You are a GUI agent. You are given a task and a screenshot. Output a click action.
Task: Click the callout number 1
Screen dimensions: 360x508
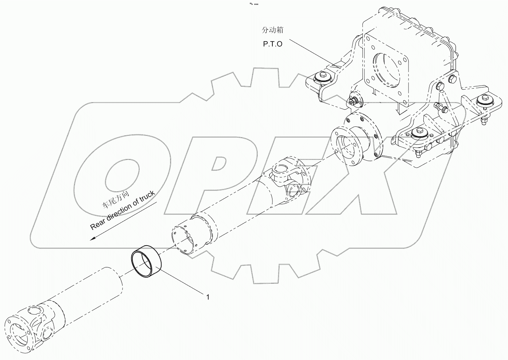208,297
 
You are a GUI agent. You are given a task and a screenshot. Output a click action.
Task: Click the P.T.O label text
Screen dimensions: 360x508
272,44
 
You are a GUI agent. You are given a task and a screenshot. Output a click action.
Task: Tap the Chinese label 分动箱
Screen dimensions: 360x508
272,30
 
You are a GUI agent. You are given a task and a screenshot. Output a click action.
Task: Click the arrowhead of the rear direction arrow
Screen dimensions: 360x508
93,239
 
